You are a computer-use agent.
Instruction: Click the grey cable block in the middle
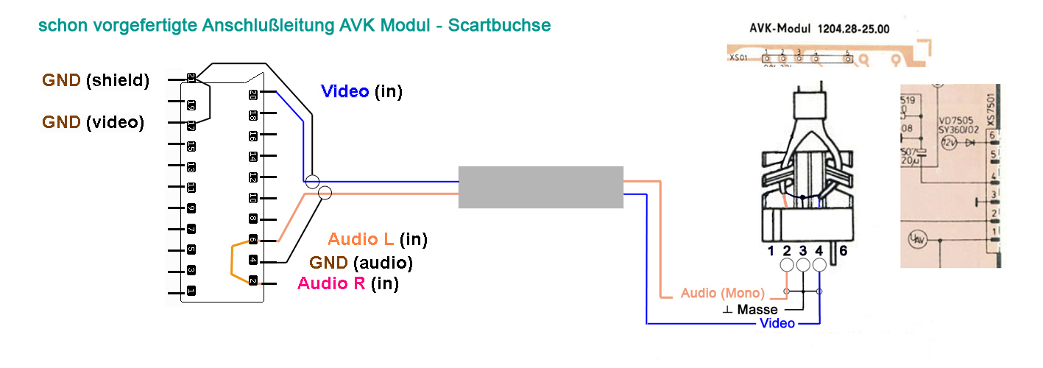pos(540,187)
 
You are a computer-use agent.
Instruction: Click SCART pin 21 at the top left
pos(191,77)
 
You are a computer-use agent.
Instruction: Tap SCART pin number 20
pos(253,93)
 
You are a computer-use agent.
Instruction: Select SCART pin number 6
pos(253,240)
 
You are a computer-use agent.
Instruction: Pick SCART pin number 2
pos(253,281)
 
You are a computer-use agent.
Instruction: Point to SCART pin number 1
pos(191,291)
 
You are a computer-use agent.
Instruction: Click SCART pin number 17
pos(191,127)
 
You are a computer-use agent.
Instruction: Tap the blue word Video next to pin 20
pos(345,91)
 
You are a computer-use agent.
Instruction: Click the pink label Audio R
pos(331,283)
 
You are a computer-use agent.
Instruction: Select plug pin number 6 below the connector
pos(844,251)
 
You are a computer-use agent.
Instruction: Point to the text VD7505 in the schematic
pos(955,119)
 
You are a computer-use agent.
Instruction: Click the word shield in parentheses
pos(118,81)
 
